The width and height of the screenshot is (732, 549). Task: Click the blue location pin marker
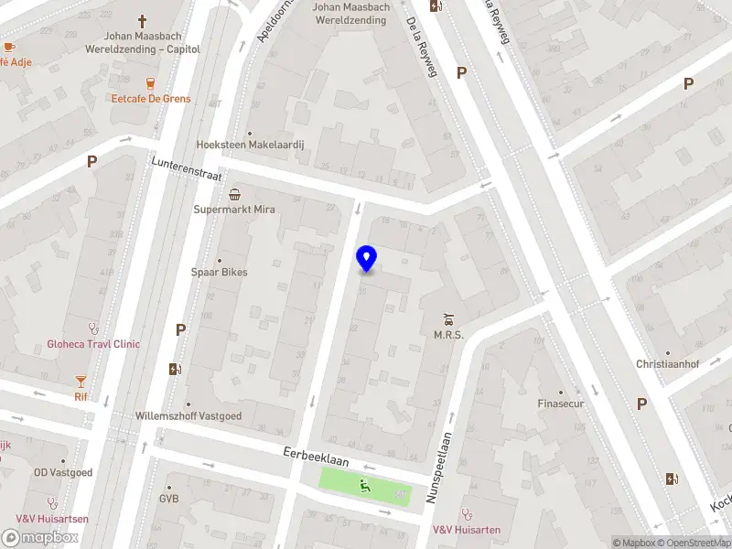[x=366, y=259]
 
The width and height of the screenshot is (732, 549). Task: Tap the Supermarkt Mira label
[x=234, y=210]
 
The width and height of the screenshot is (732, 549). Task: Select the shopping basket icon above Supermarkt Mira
[x=235, y=193]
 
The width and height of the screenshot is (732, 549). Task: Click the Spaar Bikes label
[x=219, y=272]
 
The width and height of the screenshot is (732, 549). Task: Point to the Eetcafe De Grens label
[x=152, y=98]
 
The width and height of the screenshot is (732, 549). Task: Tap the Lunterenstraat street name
[x=186, y=168]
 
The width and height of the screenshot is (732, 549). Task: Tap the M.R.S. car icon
[x=448, y=319]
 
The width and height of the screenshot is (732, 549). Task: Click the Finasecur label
[x=560, y=404]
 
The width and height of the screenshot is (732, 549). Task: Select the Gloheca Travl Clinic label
[x=93, y=344]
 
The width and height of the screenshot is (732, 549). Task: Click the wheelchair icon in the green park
[x=365, y=484]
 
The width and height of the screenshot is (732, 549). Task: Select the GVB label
[x=168, y=499]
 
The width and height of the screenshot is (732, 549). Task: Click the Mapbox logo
[x=40, y=538]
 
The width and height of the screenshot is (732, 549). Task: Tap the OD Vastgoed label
[x=63, y=472]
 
